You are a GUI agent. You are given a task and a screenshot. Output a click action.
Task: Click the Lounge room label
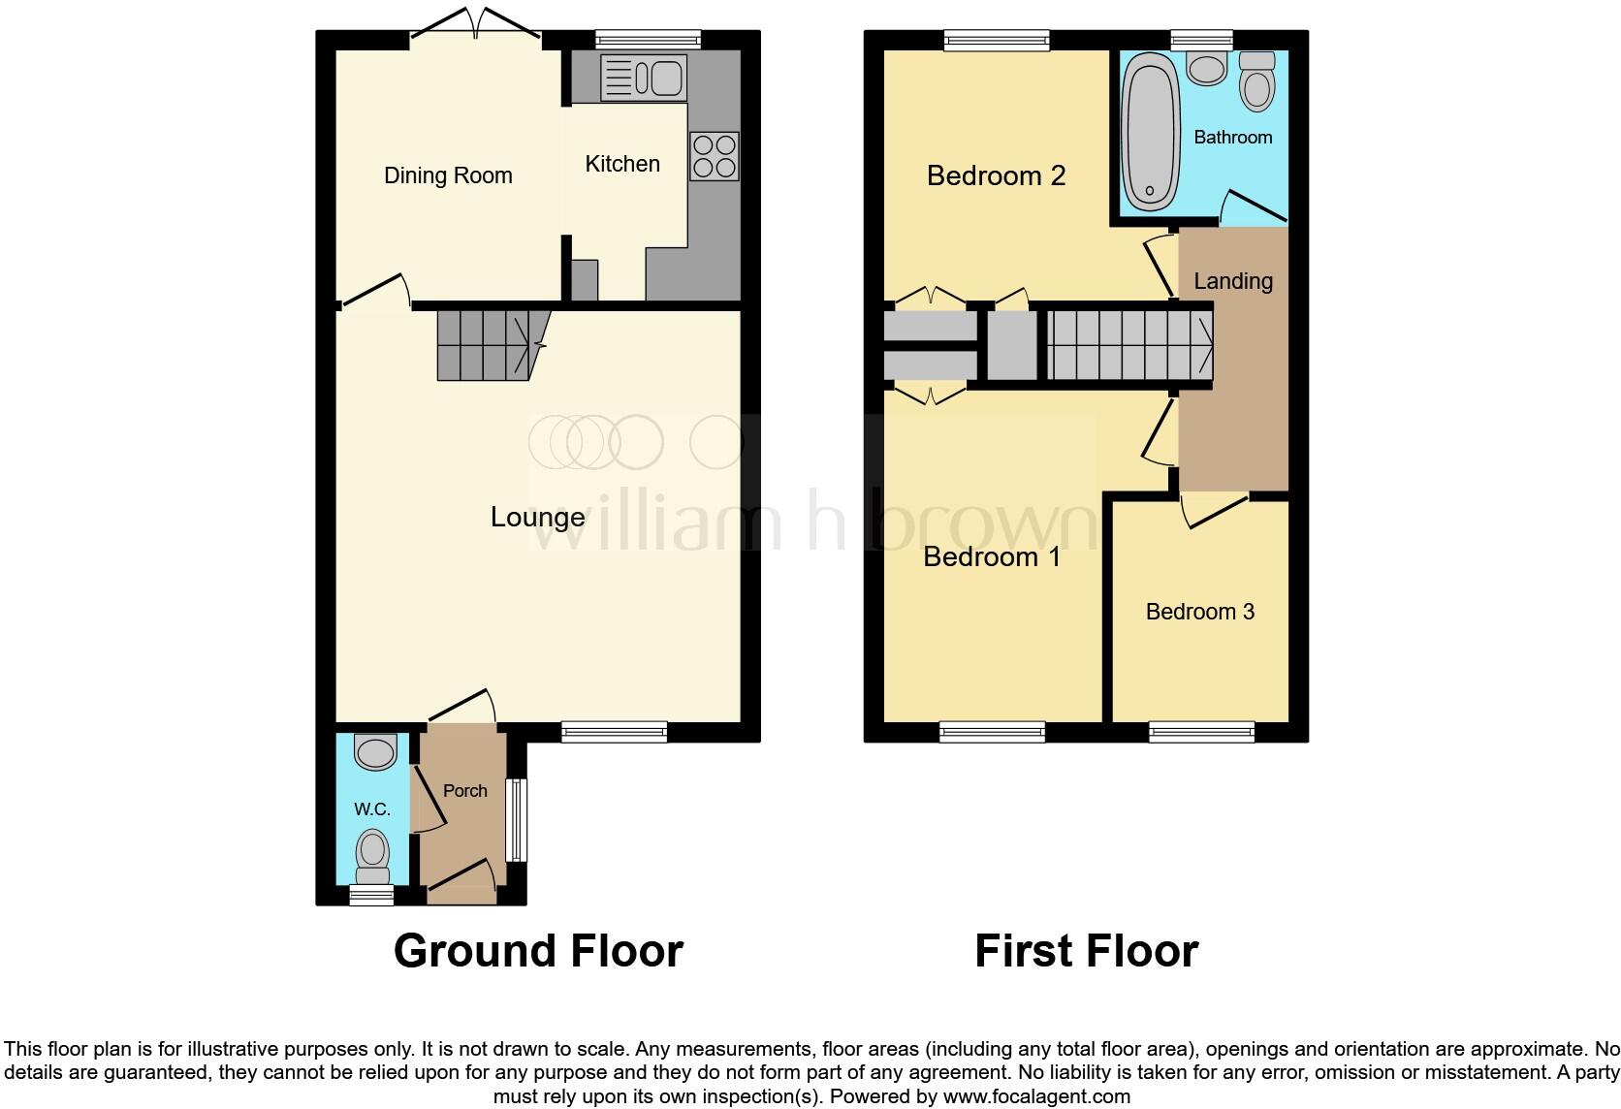click(x=537, y=518)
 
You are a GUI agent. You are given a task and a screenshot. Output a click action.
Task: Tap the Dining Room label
click(x=448, y=175)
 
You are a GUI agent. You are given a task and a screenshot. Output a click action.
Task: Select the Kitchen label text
click(x=622, y=164)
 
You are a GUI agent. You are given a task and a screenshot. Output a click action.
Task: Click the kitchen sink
click(x=644, y=78)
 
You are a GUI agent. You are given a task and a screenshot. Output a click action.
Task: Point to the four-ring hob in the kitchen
click(x=714, y=156)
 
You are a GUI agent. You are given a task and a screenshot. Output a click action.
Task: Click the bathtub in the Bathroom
click(x=1149, y=132)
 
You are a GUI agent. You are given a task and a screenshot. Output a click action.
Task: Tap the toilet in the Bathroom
click(x=1257, y=80)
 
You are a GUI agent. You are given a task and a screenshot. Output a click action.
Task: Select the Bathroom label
click(x=1232, y=138)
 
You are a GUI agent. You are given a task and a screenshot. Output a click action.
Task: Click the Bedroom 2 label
click(x=996, y=175)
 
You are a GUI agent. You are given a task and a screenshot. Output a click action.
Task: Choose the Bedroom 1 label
click(x=992, y=557)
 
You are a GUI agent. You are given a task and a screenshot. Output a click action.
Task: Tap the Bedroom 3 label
click(x=1199, y=612)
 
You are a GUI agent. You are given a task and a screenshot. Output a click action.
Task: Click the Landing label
click(x=1232, y=281)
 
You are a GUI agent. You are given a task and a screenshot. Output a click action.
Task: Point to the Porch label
click(x=465, y=791)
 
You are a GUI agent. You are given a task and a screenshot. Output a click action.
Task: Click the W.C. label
click(x=372, y=809)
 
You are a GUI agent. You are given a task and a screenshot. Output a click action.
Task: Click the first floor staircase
click(x=1128, y=344)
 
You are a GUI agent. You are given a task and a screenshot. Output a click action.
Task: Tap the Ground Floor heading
click(x=538, y=951)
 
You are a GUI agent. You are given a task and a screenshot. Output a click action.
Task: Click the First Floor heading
click(x=1086, y=951)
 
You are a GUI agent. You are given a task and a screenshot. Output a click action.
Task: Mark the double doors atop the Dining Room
click(x=475, y=26)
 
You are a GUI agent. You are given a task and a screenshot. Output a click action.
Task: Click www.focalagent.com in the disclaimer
click(x=1036, y=1097)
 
